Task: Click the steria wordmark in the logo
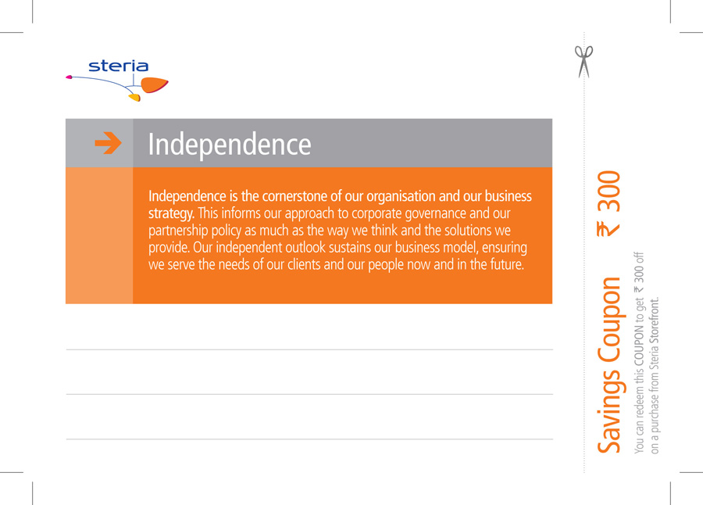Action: (x=119, y=66)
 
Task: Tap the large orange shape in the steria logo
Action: (x=154, y=84)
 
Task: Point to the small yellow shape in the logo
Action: (x=134, y=98)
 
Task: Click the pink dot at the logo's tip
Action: (x=69, y=77)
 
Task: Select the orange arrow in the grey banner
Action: (x=108, y=143)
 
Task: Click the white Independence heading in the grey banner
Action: (x=230, y=145)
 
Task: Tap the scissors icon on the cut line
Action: (x=583, y=62)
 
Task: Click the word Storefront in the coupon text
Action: (x=655, y=320)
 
